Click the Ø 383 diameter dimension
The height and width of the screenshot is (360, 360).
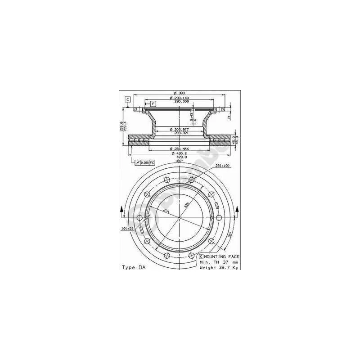179,93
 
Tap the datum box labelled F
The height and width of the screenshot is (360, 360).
153,104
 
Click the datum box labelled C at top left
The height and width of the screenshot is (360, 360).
128,99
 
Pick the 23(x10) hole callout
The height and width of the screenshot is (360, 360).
222,166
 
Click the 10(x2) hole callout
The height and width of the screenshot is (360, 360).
126,229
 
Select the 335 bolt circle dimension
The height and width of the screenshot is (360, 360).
186,205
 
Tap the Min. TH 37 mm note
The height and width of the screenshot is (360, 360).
219,261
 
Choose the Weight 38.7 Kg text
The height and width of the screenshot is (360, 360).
219,267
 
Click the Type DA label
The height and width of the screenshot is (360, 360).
134,267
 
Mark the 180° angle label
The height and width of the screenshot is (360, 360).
179,161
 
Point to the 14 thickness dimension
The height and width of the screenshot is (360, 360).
229,117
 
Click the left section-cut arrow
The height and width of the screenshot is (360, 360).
122,210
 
